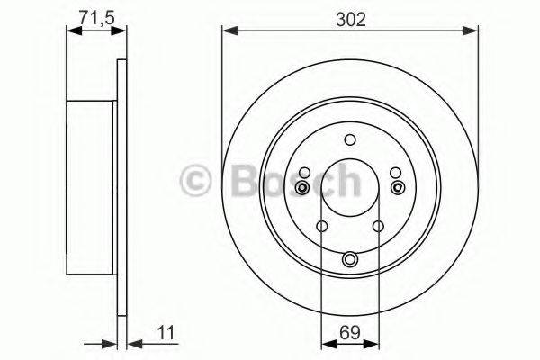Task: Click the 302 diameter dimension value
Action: (350, 17)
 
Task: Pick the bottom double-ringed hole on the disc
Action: (350, 260)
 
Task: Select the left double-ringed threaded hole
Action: (302, 186)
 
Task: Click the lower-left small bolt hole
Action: (321, 226)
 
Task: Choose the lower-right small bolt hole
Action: (379, 226)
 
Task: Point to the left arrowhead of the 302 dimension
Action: (228, 32)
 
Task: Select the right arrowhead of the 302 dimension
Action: (473, 32)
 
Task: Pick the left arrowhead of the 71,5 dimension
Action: (72, 32)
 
